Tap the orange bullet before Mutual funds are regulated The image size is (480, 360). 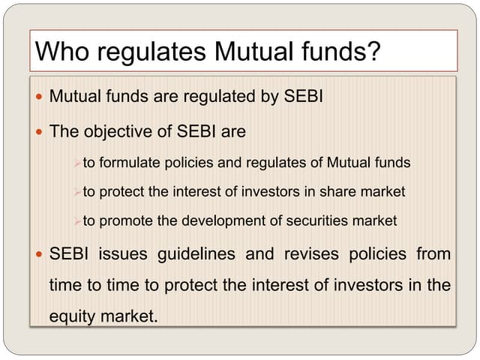(39, 97)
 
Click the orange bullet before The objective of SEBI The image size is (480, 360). (39, 133)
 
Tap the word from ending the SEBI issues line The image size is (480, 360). (433, 254)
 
